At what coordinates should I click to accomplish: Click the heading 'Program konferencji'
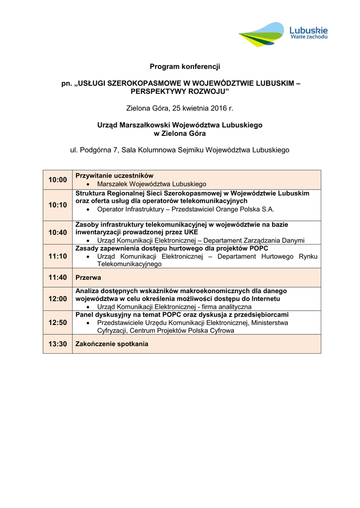(185, 66)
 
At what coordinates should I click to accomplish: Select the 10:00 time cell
(58, 180)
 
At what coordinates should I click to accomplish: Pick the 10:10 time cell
(58, 205)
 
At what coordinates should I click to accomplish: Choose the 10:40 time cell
(58, 232)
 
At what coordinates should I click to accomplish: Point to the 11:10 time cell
(58, 256)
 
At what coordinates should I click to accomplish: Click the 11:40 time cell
(58, 277)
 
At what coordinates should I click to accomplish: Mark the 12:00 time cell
(58, 299)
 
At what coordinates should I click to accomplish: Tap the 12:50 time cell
(58, 322)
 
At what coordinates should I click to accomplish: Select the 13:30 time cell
(58, 344)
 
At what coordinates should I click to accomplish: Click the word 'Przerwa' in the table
(88, 278)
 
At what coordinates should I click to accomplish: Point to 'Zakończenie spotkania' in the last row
(112, 344)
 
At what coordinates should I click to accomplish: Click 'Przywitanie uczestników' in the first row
(114, 176)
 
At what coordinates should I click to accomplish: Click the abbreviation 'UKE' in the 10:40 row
(190, 232)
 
